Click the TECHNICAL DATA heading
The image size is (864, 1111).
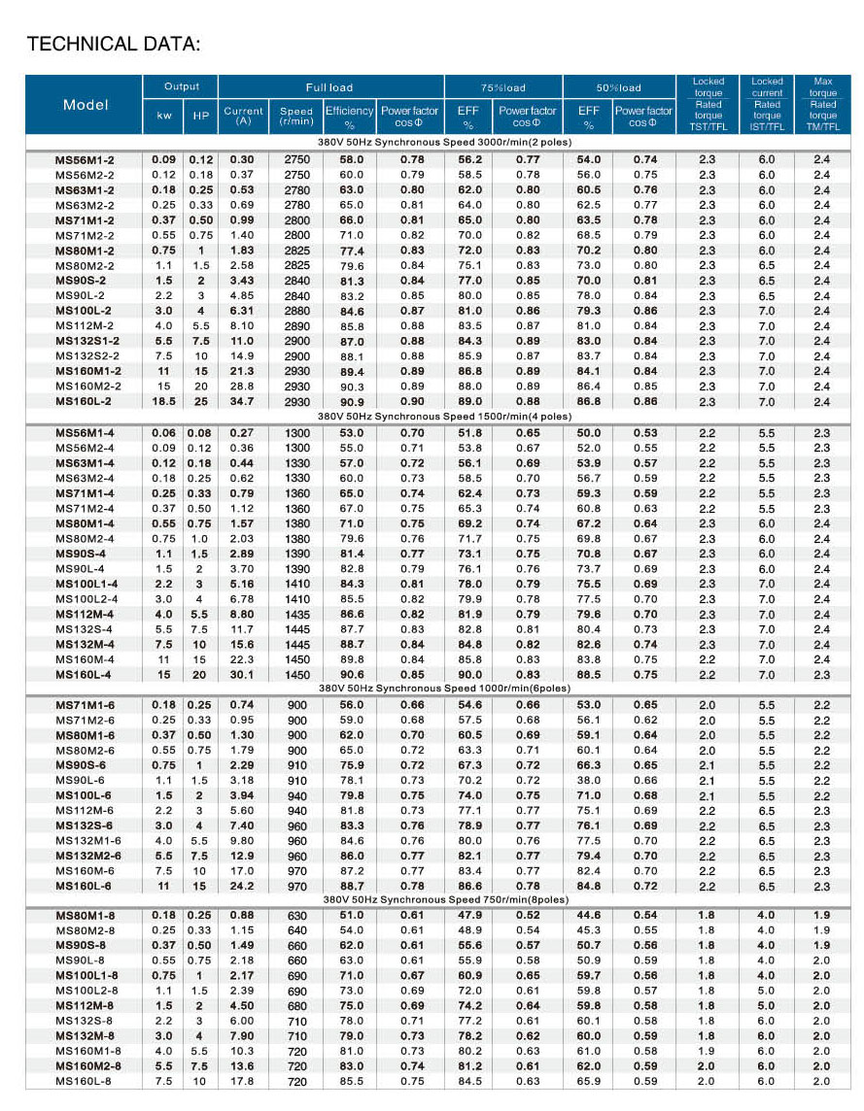click(x=114, y=45)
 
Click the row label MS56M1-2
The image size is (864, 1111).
click(x=85, y=159)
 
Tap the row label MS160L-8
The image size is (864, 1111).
click(x=85, y=1081)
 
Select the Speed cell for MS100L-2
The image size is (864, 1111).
click(x=296, y=311)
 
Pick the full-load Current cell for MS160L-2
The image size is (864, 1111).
click(x=243, y=401)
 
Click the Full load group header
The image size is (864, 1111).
click(x=329, y=87)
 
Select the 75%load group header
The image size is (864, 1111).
click(x=503, y=87)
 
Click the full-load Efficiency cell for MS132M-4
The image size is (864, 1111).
click(x=350, y=644)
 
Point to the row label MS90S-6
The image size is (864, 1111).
click(x=81, y=765)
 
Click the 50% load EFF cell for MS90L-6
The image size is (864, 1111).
click(x=588, y=780)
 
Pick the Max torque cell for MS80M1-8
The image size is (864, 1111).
click(x=822, y=915)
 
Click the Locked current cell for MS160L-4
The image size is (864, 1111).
click(x=767, y=674)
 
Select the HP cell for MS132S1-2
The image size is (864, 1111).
click(x=201, y=341)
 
